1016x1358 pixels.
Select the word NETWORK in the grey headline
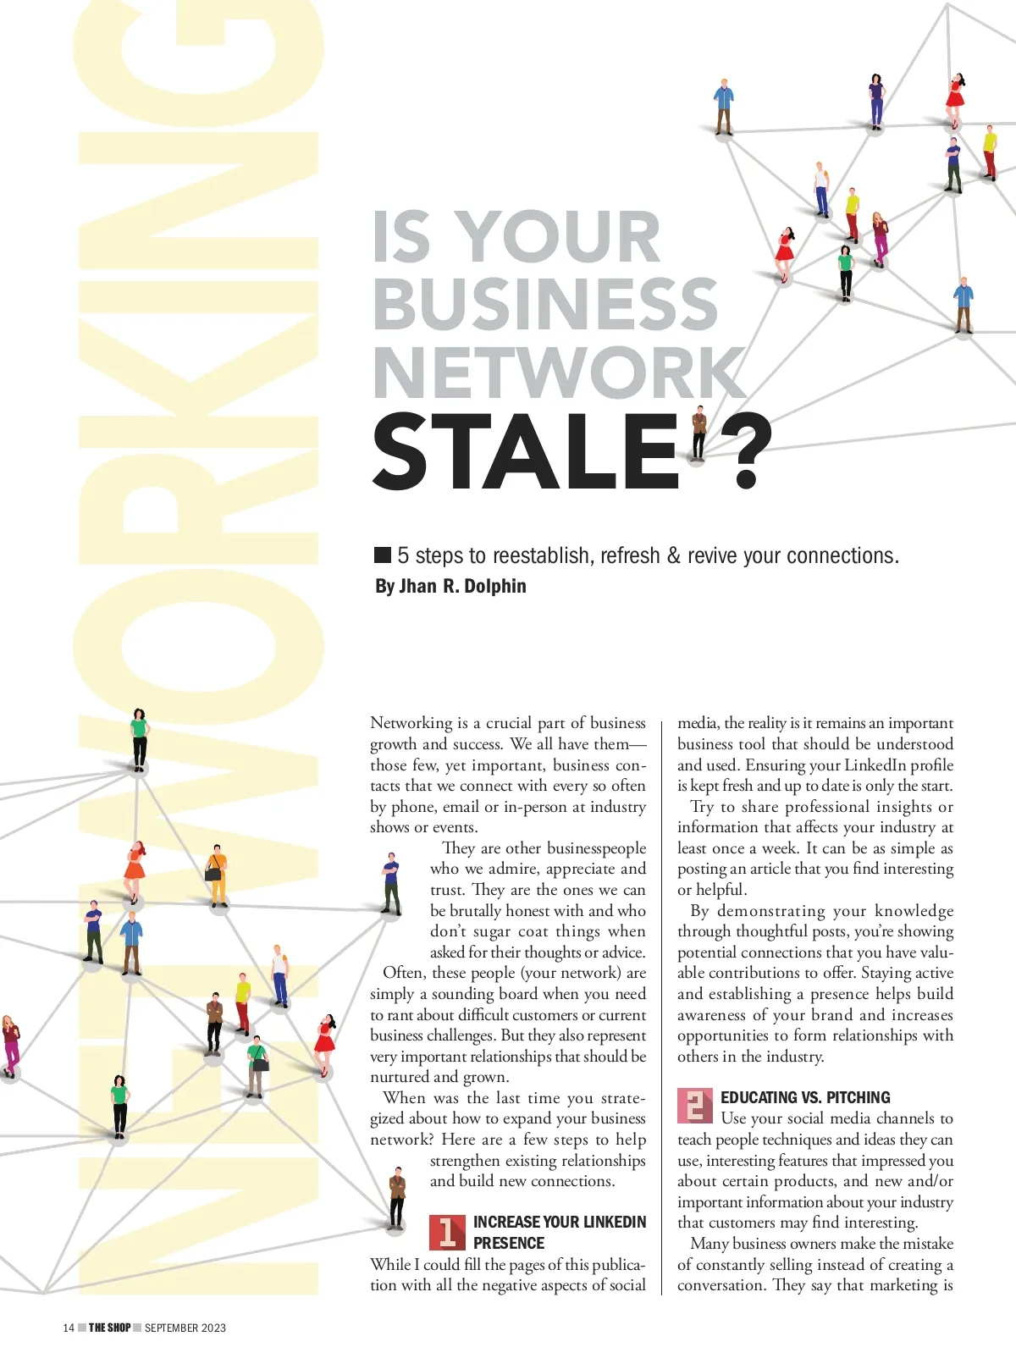click(559, 373)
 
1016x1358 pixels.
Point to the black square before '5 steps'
click(383, 555)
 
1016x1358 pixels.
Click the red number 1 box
click(447, 1233)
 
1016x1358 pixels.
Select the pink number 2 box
click(694, 1106)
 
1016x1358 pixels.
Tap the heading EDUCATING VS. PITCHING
click(805, 1097)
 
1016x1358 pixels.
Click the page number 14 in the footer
click(69, 1328)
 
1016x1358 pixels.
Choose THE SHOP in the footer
click(109, 1328)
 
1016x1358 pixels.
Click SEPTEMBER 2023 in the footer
click(185, 1328)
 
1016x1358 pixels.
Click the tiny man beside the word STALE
click(698, 433)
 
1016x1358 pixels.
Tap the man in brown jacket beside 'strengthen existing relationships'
click(396, 1196)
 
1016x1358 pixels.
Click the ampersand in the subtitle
click(673, 555)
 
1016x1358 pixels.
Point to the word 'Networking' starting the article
click(411, 722)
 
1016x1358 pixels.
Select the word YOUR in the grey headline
click(559, 237)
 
